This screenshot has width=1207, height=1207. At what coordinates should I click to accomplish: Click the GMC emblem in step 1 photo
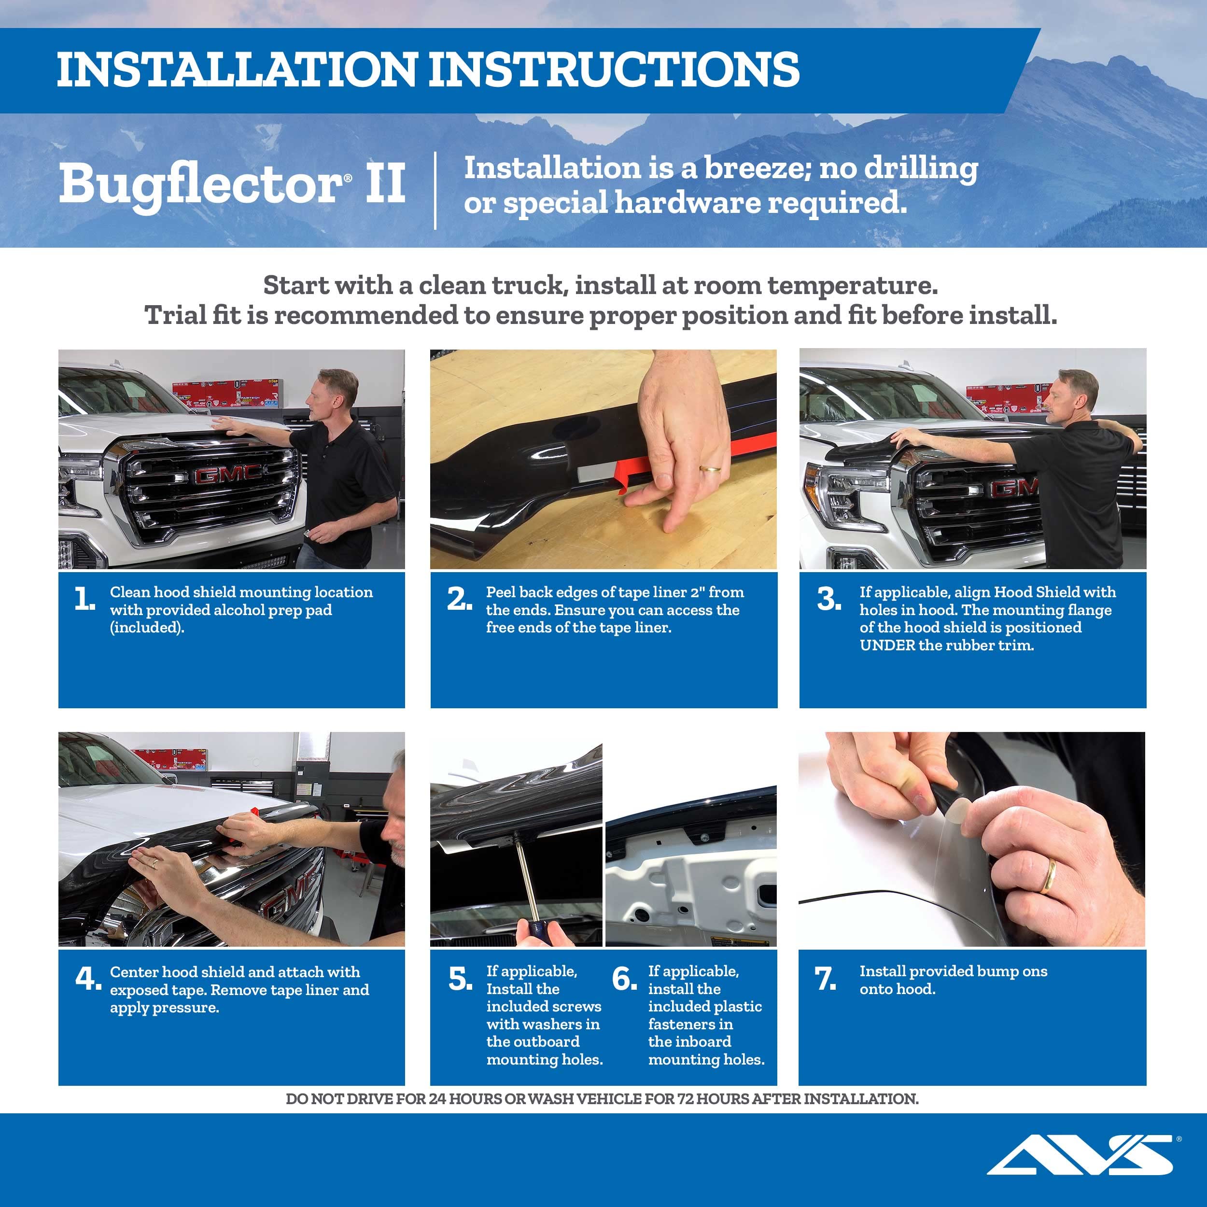pyautogui.click(x=227, y=474)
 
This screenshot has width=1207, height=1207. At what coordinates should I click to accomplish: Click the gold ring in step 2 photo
pyautogui.click(x=710, y=468)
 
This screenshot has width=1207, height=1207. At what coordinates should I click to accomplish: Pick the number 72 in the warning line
pyautogui.click(x=681, y=1099)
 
